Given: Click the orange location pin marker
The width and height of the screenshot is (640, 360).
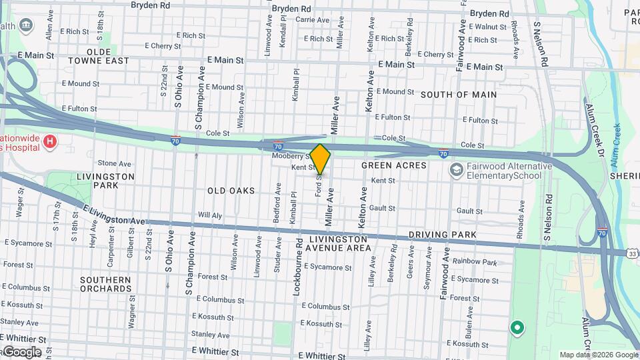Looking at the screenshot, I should click(x=320, y=159).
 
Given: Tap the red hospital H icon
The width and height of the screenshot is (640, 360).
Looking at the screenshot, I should click(x=49, y=141).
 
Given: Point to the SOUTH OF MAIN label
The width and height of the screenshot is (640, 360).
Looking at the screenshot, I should click(x=458, y=95).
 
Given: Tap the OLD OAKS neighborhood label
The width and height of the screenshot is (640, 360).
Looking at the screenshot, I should click(x=231, y=191).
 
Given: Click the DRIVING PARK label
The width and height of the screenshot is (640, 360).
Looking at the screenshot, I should click(x=442, y=235).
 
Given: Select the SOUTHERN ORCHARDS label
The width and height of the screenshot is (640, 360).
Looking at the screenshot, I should click(x=105, y=284).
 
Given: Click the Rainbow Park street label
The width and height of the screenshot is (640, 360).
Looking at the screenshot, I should click(x=475, y=263).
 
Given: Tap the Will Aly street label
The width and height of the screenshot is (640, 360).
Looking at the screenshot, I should click(x=210, y=215).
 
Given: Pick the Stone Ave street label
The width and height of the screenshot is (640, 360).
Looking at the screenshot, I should click(x=115, y=163).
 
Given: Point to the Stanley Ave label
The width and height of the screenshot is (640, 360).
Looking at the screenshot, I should click(x=207, y=333).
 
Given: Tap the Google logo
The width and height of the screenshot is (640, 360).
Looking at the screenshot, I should click(x=21, y=352).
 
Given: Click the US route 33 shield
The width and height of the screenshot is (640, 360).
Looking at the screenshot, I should click(x=633, y=253).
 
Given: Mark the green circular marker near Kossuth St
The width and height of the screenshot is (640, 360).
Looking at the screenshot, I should click(x=516, y=328).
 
